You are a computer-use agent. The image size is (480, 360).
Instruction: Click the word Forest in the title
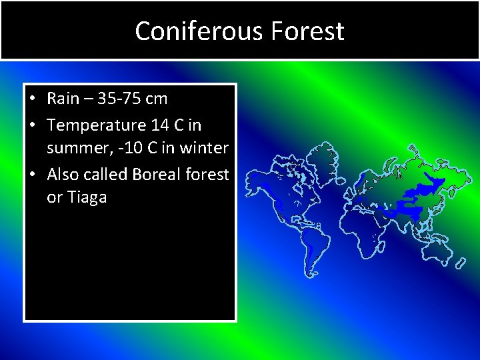pyautogui.click(x=311, y=31)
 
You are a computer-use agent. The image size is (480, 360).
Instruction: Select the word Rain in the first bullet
pyautogui.click(x=63, y=99)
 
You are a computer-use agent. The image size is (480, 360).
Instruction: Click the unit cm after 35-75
pyautogui.click(x=156, y=99)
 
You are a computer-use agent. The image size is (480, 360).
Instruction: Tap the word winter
pyautogui.click(x=206, y=148)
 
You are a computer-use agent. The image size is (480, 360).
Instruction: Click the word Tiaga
pyautogui.click(x=85, y=197)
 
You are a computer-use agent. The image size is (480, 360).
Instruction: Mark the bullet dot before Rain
pyautogui.click(x=33, y=99)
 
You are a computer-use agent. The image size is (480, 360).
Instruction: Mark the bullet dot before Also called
pyautogui.click(x=33, y=175)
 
